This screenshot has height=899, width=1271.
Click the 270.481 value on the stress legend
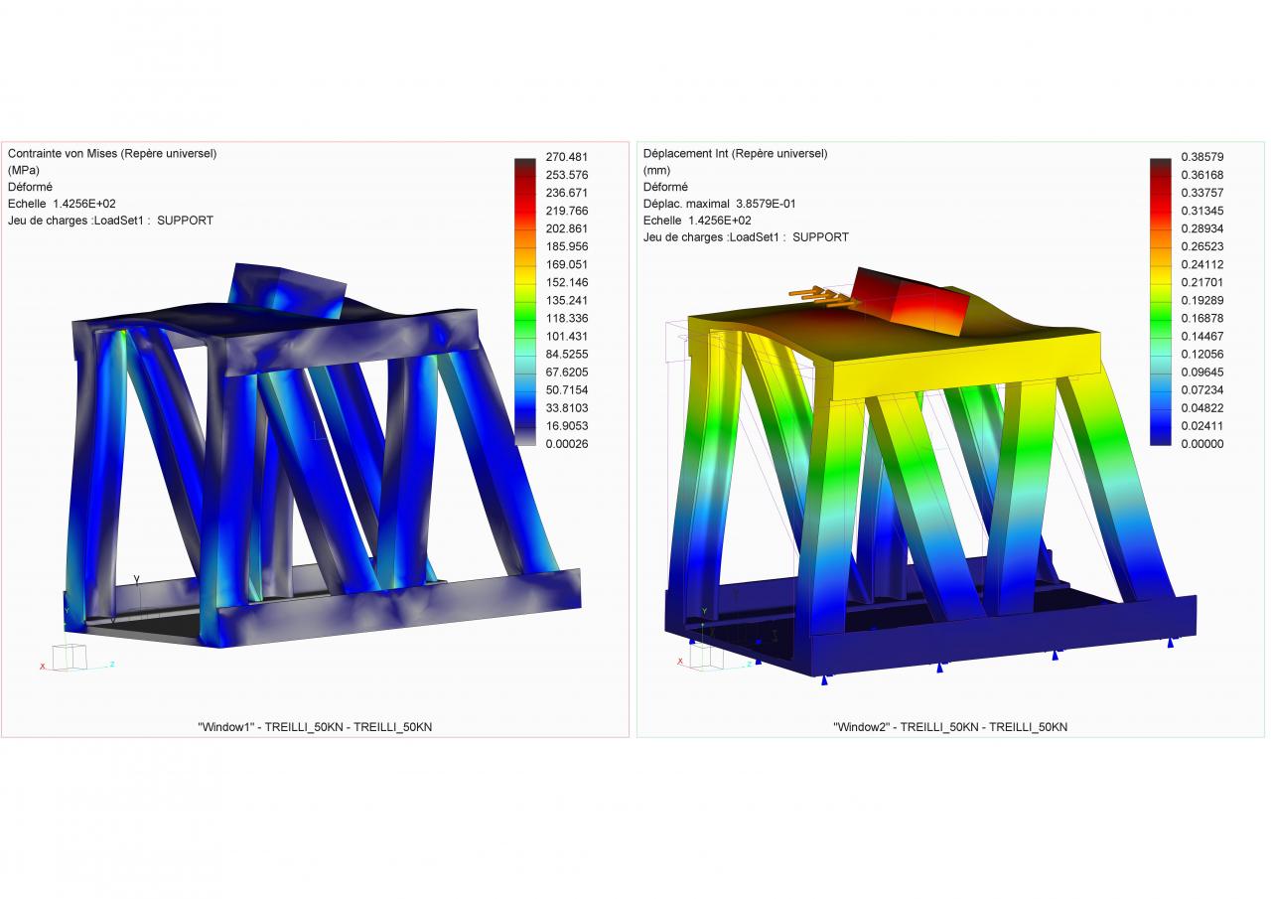566,157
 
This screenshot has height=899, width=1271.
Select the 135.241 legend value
566,300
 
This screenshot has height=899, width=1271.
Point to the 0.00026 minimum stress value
566,444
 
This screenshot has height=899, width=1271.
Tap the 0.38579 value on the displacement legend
1201,157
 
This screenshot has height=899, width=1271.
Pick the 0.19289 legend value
1201,300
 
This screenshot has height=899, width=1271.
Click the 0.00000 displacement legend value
1201,444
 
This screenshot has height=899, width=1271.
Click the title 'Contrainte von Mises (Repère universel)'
112,154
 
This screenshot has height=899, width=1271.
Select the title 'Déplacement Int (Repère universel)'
736,154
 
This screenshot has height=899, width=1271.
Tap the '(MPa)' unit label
24,170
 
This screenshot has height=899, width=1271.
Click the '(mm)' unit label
656,170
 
